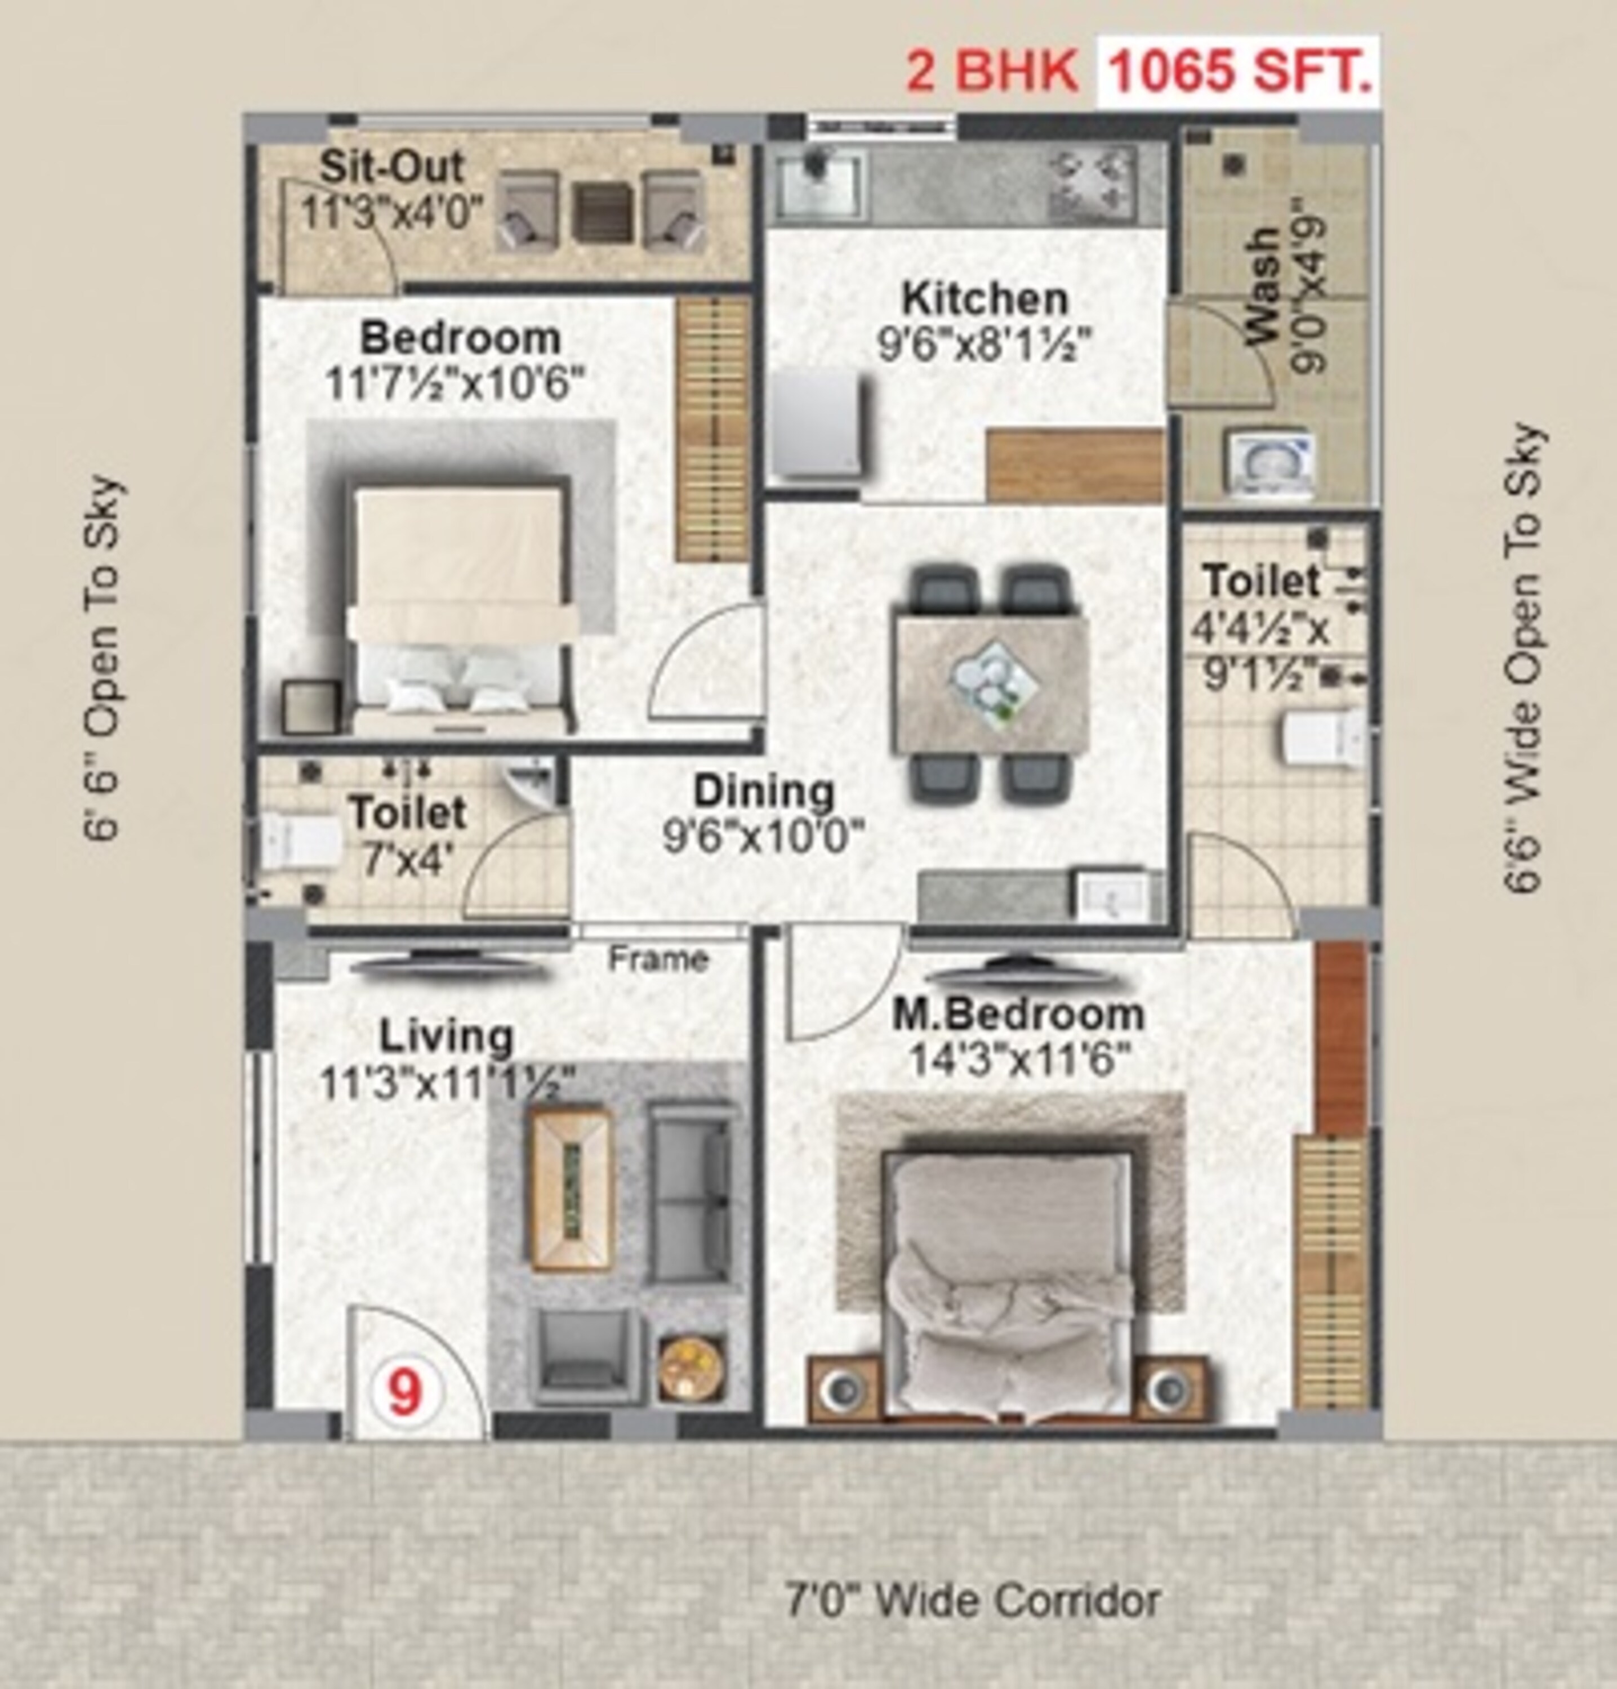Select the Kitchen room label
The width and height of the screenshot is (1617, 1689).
coord(985,299)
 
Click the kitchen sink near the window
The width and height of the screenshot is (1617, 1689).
coord(817,184)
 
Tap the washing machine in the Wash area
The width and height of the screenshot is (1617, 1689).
coord(1271,463)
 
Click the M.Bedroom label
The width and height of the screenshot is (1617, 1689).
coord(1017,1015)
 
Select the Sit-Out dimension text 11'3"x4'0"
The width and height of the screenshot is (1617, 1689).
coord(392,212)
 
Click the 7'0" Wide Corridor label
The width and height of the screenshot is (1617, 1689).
coord(972,1601)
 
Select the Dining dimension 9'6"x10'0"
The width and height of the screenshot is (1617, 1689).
coord(763,836)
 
